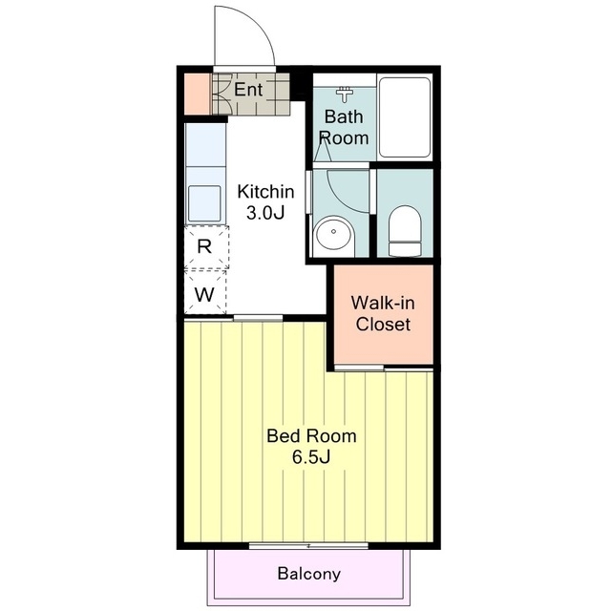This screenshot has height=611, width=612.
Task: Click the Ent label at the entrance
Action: [248, 90]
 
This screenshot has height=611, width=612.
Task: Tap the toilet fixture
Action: [405, 231]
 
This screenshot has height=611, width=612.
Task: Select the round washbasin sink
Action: [334, 233]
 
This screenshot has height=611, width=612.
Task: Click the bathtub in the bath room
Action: [405, 117]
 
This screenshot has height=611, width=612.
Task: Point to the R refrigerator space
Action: [205, 246]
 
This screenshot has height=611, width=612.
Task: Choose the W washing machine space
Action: [205, 292]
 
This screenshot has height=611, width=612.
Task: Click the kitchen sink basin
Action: [204, 203]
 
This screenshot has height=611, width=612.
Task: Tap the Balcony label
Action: [308, 574]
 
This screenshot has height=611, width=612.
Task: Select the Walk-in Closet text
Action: [383, 314]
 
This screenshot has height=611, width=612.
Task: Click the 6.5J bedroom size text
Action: [311, 457]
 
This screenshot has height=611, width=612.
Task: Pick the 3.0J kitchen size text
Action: [265, 213]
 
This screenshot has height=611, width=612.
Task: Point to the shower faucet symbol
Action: [344, 94]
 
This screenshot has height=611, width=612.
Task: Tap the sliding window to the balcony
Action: [308, 545]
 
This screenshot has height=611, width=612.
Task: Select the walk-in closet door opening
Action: [359, 368]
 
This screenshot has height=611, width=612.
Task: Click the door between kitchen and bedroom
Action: [258, 318]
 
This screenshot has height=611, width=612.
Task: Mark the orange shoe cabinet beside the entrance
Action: [197, 95]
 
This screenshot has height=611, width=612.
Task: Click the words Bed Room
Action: [311, 436]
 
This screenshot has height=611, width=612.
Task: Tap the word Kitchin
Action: [265, 192]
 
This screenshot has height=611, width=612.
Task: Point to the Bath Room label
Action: [344, 127]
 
